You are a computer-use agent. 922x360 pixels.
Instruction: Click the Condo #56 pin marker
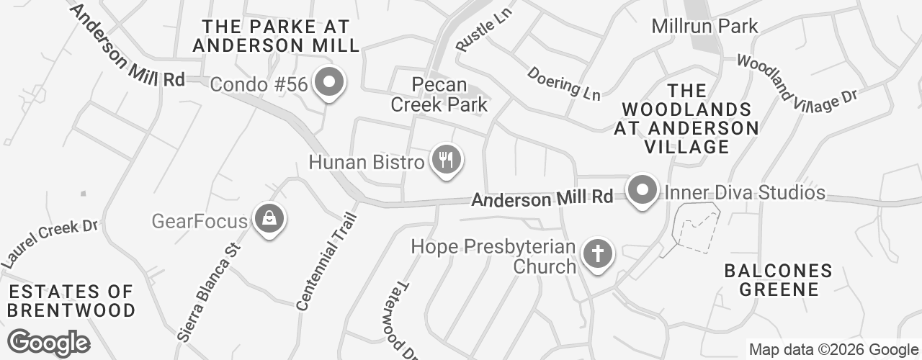(329, 84)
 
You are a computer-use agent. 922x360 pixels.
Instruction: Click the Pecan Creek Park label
(439, 94)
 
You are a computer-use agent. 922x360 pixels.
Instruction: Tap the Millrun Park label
(704, 27)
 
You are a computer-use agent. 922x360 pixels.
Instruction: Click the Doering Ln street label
(563, 83)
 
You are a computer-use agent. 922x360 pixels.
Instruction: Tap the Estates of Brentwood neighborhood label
(71, 301)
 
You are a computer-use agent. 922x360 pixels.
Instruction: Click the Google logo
(49, 343)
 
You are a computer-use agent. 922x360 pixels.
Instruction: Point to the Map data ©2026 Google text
(833, 350)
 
